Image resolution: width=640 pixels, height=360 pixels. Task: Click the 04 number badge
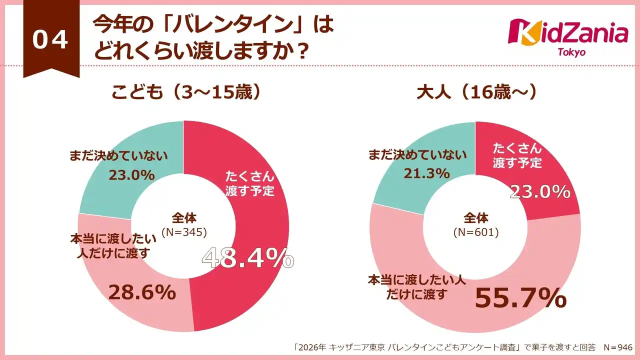50,40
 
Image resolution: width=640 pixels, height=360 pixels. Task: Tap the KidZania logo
568,32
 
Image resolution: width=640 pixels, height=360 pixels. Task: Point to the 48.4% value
247,258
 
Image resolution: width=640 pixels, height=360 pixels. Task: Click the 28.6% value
142,293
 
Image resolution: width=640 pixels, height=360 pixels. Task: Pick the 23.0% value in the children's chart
131,175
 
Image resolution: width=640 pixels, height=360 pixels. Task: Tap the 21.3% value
426,173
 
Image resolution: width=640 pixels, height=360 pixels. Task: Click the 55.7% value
520,298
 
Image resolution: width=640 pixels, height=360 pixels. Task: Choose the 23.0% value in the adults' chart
540,191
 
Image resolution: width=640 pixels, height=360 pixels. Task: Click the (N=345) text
184,231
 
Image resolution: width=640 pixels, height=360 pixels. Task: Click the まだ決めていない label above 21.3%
417,155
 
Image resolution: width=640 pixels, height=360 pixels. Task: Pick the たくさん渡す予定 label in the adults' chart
517,155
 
